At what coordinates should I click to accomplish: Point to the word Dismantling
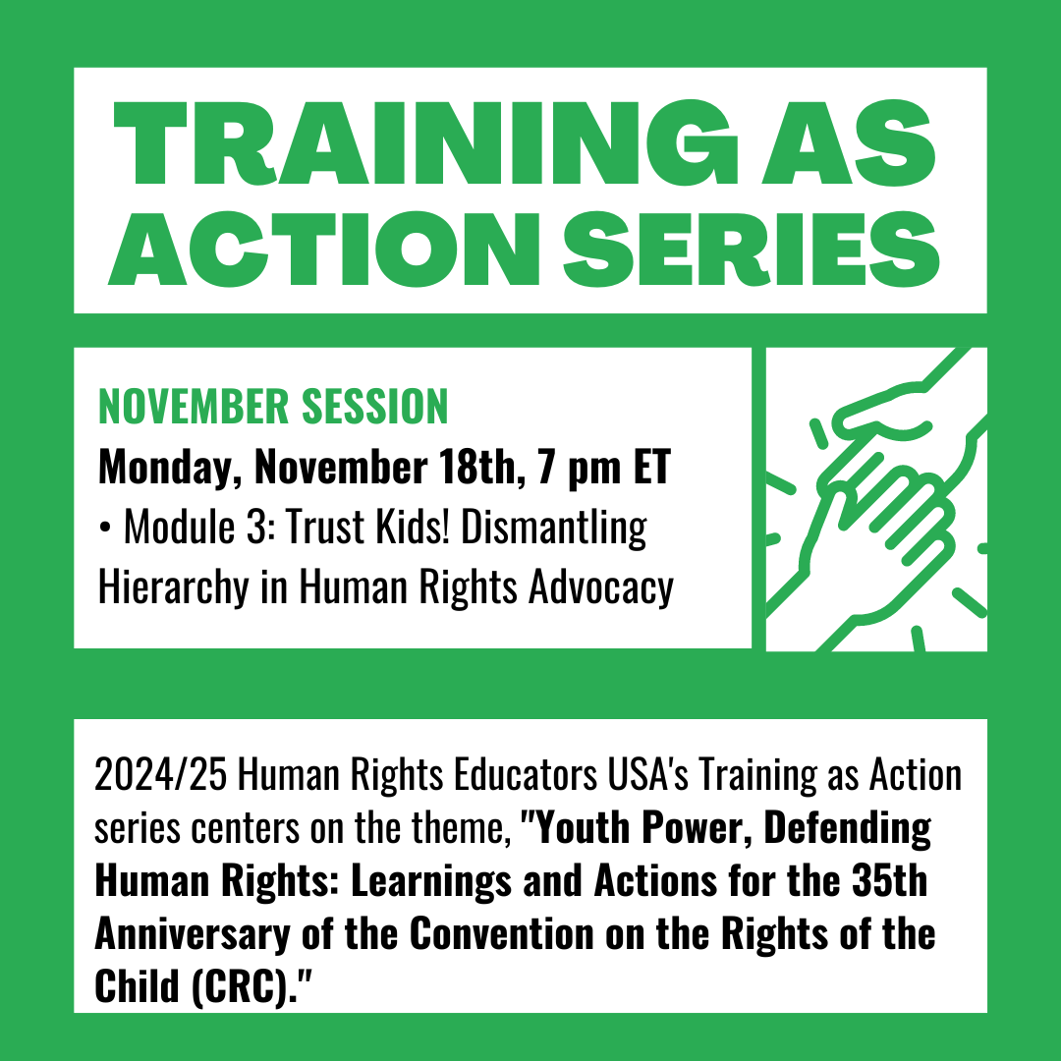pos(556,530)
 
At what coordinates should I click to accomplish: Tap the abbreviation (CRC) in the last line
pos(246,985)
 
